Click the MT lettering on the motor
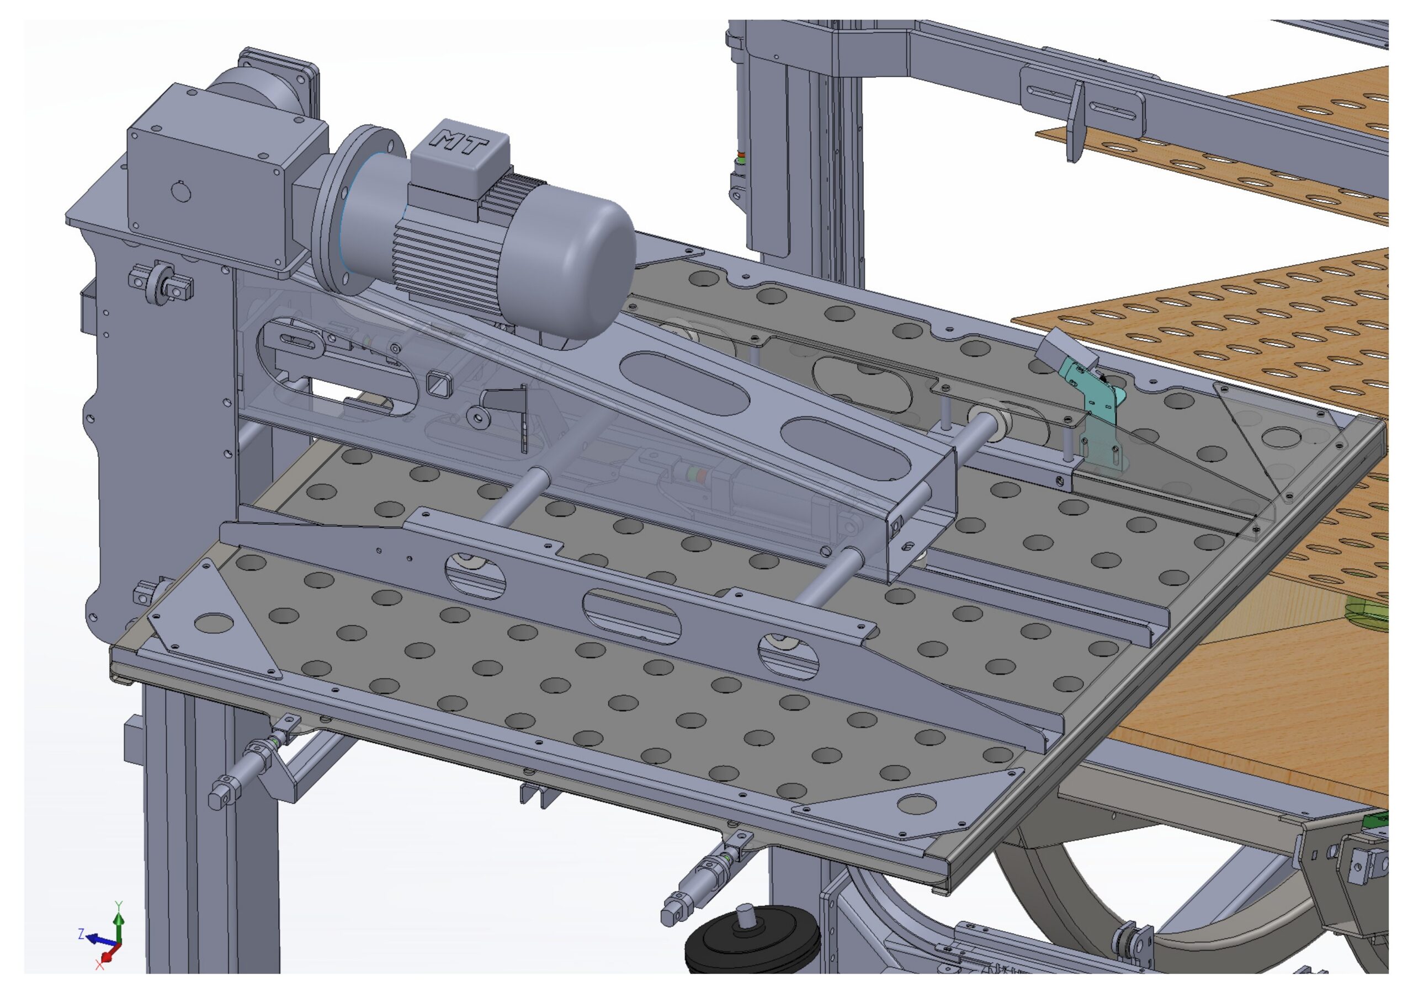460,143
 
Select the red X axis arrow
108,955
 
